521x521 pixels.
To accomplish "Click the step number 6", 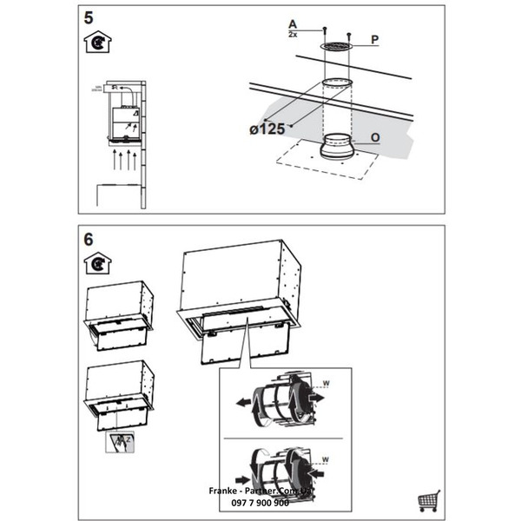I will tap(89, 239).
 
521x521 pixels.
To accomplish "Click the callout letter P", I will tap(375, 40).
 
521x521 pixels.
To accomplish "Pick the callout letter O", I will tap(374, 136).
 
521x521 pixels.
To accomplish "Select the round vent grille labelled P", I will tap(336, 45).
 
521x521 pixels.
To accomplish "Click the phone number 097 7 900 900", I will tap(260, 501).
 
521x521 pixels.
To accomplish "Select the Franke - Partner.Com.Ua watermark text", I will tap(260, 491).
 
